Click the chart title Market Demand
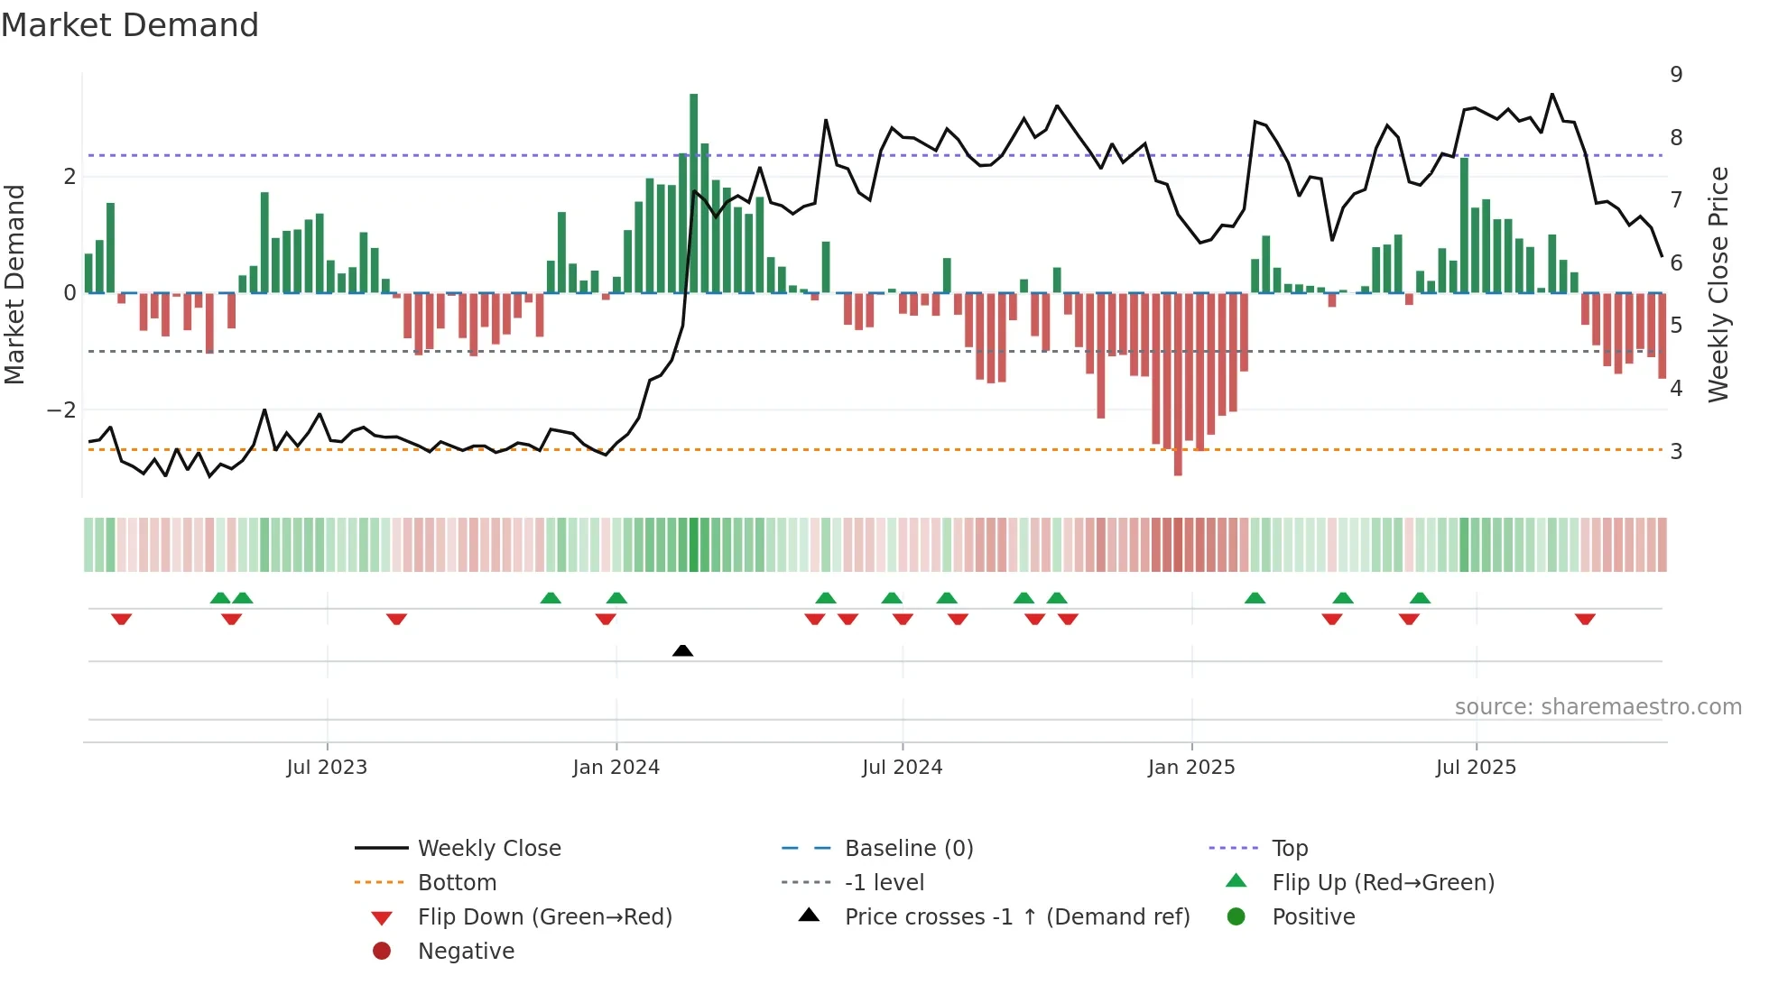pos(130,25)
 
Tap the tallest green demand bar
pos(693,193)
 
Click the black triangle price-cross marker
pos(683,650)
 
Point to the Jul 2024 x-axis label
pos(902,768)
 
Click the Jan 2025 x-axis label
pos(1191,768)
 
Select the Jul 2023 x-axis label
pos(327,768)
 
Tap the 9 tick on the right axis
pos(1676,75)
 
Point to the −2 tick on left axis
pos(62,410)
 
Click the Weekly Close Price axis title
pos(1718,284)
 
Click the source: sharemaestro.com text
pos(1598,707)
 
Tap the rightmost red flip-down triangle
pos(1585,619)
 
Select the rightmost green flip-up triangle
pos(1420,598)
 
